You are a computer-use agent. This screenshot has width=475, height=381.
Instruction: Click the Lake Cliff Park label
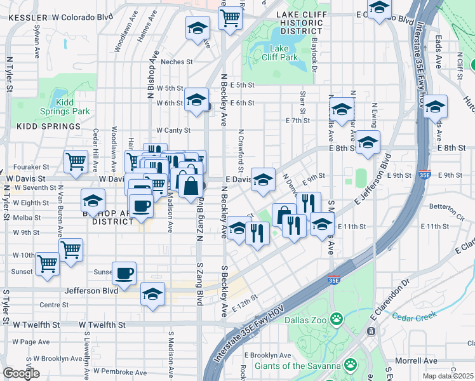pyautogui.click(x=279, y=53)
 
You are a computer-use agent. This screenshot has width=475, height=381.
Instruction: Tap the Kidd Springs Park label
pyautogui.click(x=72, y=107)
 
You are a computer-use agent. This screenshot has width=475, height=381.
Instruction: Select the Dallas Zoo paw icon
pyautogui.click(x=337, y=317)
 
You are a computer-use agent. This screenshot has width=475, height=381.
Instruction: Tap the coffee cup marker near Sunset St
pyautogui.click(x=124, y=273)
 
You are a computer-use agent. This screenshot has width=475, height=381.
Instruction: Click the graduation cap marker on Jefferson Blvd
pyautogui.click(x=152, y=294)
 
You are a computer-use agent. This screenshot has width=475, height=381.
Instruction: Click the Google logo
pyautogui.click(x=22, y=373)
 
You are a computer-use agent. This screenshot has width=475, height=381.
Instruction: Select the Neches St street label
pyautogui.click(x=177, y=62)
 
